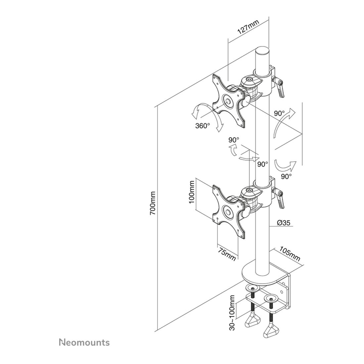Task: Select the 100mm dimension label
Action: [x=192, y=193]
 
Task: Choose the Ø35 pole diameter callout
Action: [x=284, y=223]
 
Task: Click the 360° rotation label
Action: [x=203, y=126]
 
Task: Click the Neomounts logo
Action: [x=84, y=342]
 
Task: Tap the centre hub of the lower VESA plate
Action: [x=65, y=212]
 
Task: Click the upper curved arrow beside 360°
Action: [x=198, y=109]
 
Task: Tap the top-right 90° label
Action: [x=279, y=113]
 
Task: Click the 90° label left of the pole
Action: [x=234, y=140]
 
